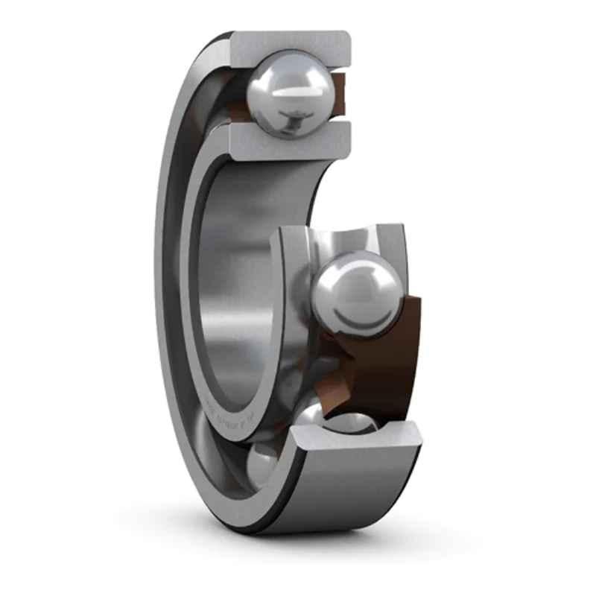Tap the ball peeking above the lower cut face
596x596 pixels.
350,422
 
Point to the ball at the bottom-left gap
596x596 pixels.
262,463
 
